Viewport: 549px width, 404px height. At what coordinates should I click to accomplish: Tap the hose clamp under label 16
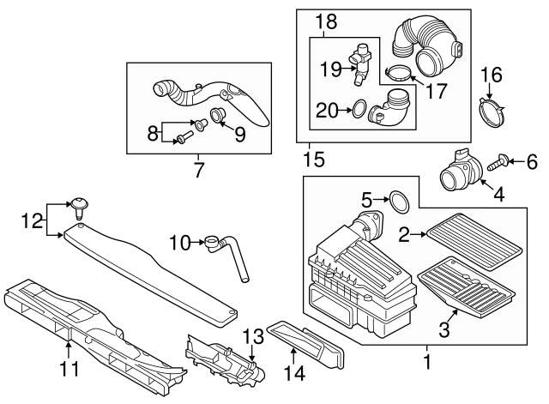click(492, 113)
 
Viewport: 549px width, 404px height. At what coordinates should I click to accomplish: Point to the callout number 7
click(200, 169)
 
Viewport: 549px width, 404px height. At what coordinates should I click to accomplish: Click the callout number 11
click(69, 370)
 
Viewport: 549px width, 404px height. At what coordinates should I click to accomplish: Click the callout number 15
click(314, 159)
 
